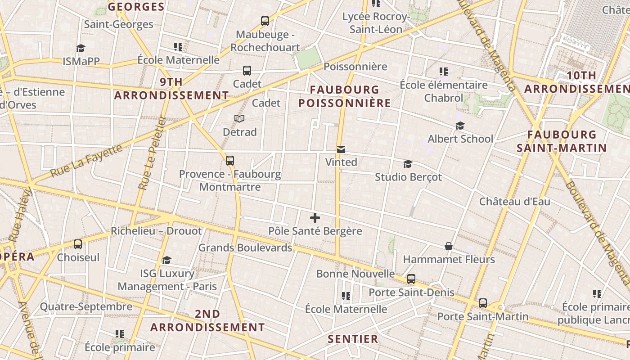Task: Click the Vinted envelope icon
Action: [x=341, y=149]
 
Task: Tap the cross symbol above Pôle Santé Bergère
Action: [x=315, y=218]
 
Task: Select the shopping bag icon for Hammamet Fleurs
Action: [x=449, y=246]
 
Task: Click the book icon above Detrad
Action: [x=239, y=119]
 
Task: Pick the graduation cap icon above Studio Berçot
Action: [x=408, y=164]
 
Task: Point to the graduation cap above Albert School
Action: [x=460, y=126]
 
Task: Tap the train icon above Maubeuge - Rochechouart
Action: [x=265, y=21]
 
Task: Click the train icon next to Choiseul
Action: [x=78, y=244]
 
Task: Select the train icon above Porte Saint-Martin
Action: [x=483, y=303]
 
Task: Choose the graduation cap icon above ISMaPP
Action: [x=81, y=48]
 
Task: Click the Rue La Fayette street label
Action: [x=86, y=161]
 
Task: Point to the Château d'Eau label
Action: [x=514, y=201]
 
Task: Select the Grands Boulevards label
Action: [x=245, y=247]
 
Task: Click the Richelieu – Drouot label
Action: [x=156, y=231]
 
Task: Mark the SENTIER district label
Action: [x=353, y=339]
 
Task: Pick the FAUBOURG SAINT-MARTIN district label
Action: [x=562, y=141]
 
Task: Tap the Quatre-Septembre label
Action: [x=86, y=307]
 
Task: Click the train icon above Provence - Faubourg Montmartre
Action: [x=230, y=160]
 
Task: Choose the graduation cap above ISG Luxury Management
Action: [x=167, y=260]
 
